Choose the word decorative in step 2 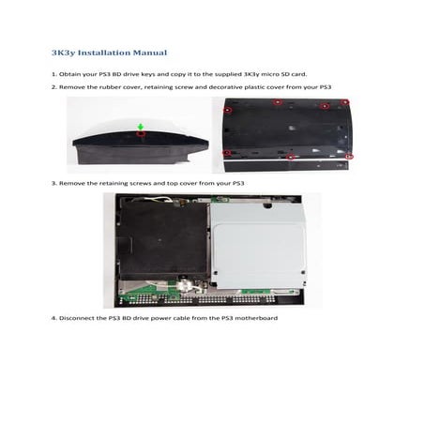pyautogui.click(x=234, y=86)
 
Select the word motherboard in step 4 pyautogui.click(x=259, y=318)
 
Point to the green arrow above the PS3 pyautogui.click(x=140, y=125)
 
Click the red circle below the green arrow pyautogui.click(x=140, y=133)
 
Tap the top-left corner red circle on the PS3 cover pyautogui.click(x=228, y=107)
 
